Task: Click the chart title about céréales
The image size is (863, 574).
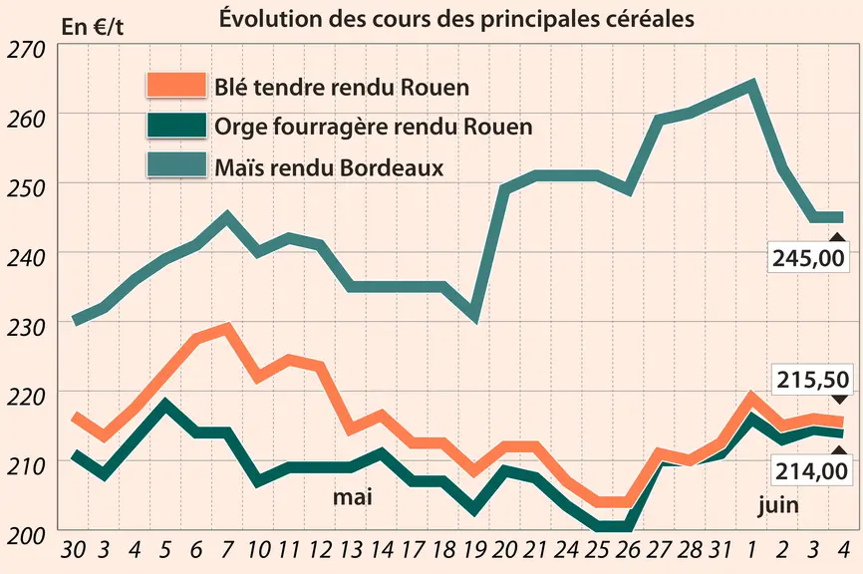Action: tap(456, 19)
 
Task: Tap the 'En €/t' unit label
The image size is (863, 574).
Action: tap(93, 27)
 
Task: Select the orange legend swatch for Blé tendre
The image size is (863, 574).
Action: tap(176, 85)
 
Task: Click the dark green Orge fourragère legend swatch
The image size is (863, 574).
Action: tap(176, 125)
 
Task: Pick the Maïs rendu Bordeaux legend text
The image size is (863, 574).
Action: tap(329, 167)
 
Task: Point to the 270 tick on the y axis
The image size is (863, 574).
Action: tap(25, 50)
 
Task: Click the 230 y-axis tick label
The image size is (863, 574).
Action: tap(25, 328)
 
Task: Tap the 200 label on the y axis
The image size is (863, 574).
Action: tap(25, 536)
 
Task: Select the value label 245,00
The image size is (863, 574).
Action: tap(808, 257)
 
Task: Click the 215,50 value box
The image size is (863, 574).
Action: tap(812, 380)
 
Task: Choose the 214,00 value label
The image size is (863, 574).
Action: tap(811, 471)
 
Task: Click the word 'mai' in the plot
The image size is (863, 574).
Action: tap(352, 497)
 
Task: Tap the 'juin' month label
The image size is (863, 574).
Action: tap(777, 504)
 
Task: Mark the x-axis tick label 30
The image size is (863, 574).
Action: tap(73, 550)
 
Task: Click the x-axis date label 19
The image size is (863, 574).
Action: tap(474, 550)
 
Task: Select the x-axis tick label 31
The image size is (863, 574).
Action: tap(720, 550)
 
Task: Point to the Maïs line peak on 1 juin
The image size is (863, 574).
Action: tap(751, 85)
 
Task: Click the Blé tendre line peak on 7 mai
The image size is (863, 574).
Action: tap(226, 328)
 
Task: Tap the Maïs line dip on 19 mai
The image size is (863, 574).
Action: tap(474, 317)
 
